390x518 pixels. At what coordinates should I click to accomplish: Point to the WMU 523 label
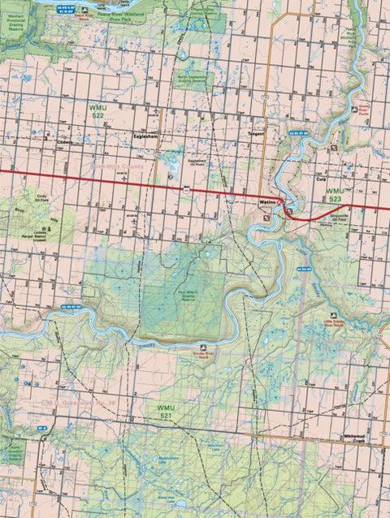336,193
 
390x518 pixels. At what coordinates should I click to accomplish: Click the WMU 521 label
167,409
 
